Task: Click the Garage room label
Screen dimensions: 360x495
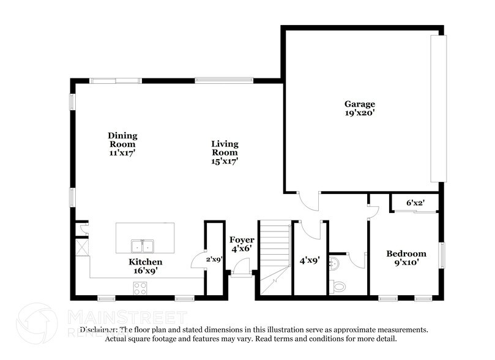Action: pyautogui.click(x=359, y=104)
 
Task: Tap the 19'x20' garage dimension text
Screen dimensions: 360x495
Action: pyautogui.click(x=359, y=113)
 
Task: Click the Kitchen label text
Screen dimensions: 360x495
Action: pyautogui.click(x=145, y=261)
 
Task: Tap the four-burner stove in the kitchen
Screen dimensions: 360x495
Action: pyautogui.click(x=140, y=287)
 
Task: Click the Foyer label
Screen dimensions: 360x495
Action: pyautogui.click(x=242, y=239)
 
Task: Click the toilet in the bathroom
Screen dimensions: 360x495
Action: pyautogui.click(x=338, y=286)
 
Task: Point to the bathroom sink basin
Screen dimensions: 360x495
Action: pyautogui.click(x=332, y=263)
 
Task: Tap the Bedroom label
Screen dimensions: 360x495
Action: pyautogui.click(x=406, y=253)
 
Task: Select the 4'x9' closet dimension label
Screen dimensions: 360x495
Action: pyautogui.click(x=310, y=259)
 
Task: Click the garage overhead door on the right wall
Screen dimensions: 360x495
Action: pyautogui.click(x=438, y=108)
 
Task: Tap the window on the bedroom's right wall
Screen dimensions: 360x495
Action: pyautogui.click(x=442, y=255)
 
